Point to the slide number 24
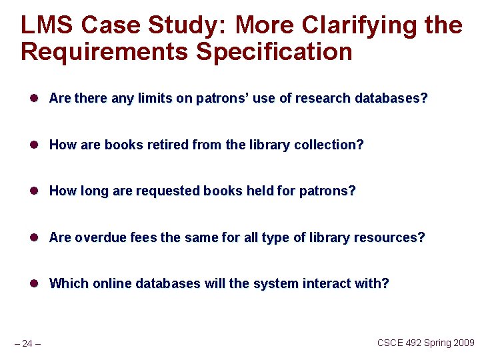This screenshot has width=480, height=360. (27, 343)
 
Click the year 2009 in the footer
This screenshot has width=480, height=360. (462, 343)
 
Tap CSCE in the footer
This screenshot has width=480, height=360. (391, 343)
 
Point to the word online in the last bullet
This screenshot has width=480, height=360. (109, 283)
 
